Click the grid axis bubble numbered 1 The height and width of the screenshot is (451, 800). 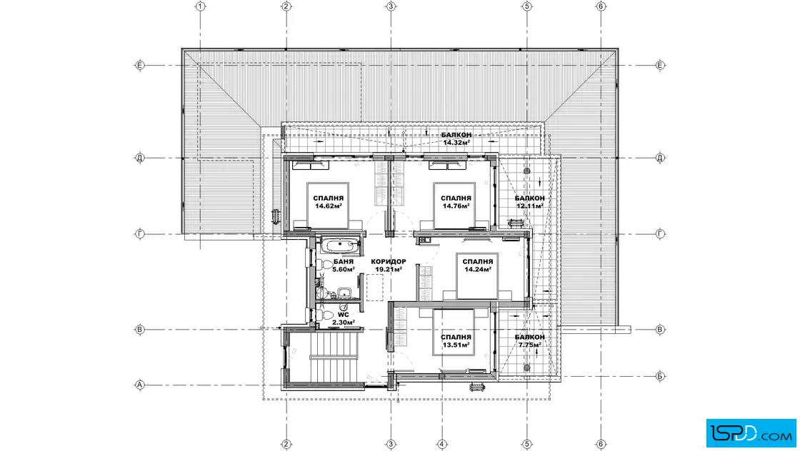click(201, 6)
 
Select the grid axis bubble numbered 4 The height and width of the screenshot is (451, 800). click(442, 444)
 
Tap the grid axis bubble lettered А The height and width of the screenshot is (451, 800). click(140, 385)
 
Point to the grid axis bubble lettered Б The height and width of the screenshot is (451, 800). click(660, 376)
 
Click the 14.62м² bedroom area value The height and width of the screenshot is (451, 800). click(328, 206)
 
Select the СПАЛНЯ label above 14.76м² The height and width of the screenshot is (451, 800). click(456, 198)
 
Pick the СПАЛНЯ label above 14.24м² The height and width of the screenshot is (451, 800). click(478, 262)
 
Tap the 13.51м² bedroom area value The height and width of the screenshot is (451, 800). click(456, 345)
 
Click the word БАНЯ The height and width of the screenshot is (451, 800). click(344, 261)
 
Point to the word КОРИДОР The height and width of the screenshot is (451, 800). click(389, 261)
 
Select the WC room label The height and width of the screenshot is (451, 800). click(344, 315)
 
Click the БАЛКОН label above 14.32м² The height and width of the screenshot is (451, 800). click(456, 135)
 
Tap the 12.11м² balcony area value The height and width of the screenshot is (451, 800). click(529, 206)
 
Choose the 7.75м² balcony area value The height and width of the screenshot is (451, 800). click(529, 345)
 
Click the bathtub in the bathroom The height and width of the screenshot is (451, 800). click(340, 245)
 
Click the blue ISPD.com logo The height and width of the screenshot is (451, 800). click(751, 433)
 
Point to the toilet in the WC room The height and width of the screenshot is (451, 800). click(325, 315)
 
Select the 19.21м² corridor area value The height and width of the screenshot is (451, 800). click(389, 270)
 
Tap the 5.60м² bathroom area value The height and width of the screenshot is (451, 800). click(344, 270)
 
